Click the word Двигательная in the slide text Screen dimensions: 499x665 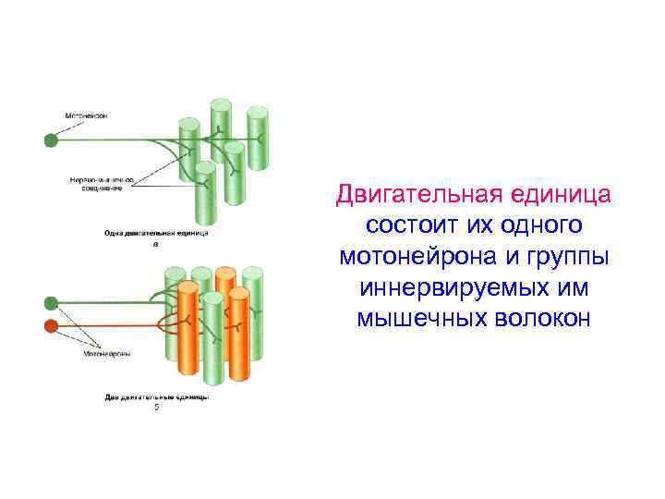point(407,196)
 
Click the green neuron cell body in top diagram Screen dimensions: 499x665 point(50,140)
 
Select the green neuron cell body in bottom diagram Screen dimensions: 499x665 point(51,302)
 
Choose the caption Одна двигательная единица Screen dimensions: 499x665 point(155,234)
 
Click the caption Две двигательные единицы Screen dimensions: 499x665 point(155,397)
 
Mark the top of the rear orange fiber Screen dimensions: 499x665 point(225,273)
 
